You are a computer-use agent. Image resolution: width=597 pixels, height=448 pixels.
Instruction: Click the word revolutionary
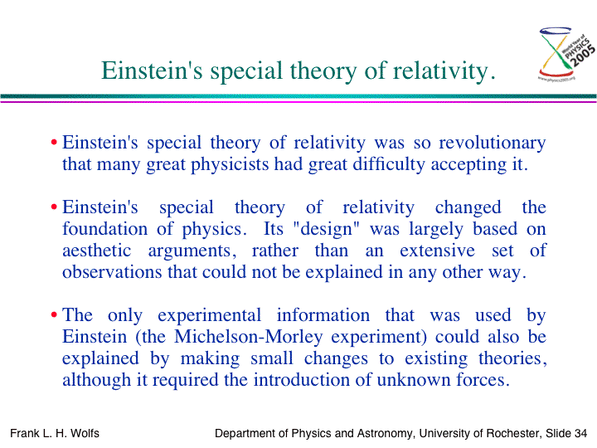pyautogui.click(x=493, y=144)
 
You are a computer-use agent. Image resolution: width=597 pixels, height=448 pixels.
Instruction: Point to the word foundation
pyautogui.click(x=104, y=229)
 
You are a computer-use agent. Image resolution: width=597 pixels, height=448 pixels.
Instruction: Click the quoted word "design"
pyautogui.click(x=327, y=229)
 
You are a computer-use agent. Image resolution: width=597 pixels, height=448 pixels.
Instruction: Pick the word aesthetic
pyautogui.click(x=97, y=251)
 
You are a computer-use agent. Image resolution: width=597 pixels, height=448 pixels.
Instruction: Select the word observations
pyautogui.click(x=112, y=272)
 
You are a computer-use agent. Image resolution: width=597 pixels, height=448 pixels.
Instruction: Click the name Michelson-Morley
pyautogui.click(x=249, y=337)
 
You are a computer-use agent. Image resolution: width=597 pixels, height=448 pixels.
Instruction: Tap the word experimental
pyautogui.click(x=210, y=316)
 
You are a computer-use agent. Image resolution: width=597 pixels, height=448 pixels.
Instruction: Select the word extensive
pyautogui.click(x=437, y=251)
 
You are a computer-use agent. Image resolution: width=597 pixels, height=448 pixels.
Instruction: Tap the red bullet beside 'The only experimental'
pyautogui.click(x=54, y=315)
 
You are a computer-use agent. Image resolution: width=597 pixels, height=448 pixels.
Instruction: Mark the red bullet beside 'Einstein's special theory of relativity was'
pyautogui.click(x=54, y=143)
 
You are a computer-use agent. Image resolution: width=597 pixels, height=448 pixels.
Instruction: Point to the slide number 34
pyautogui.click(x=580, y=434)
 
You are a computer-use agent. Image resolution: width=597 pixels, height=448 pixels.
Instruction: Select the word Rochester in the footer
pyautogui.click(x=513, y=434)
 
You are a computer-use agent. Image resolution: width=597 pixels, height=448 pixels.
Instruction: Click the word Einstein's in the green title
pyautogui.click(x=152, y=71)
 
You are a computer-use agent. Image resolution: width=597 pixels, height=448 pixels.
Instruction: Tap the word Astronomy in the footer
pyautogui.click(x=386, y=434)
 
